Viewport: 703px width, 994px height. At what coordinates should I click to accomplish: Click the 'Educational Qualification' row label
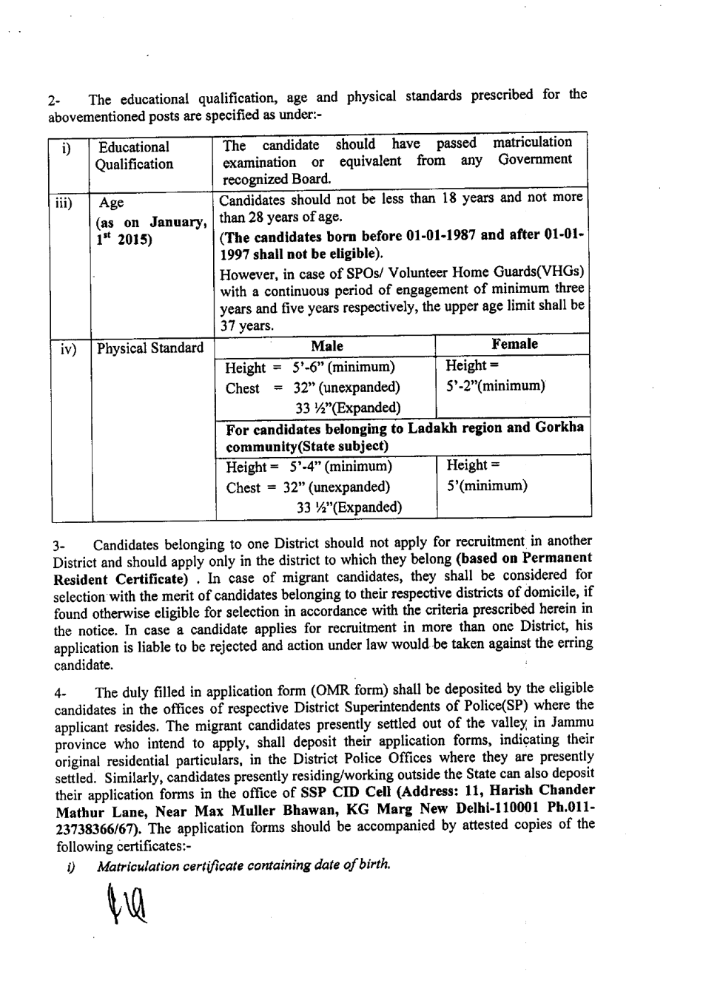tap(135, 156)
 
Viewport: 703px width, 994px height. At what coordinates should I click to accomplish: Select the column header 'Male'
tap(326, 346)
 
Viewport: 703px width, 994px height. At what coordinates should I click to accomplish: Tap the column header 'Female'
tap(514, 344)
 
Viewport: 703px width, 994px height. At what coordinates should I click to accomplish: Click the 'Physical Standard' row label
tap(151, 348)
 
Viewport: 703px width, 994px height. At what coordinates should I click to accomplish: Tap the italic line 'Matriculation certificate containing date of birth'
tap(243, 865)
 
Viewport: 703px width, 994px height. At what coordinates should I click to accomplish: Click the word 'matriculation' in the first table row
tap(532, 142)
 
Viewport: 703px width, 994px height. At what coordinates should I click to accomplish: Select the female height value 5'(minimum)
tap(486, 486)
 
